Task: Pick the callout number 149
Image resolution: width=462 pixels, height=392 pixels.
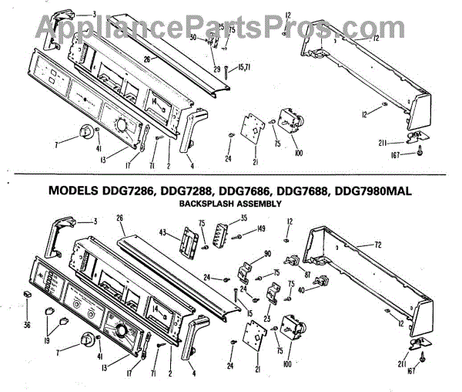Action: [x=262, y=228]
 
